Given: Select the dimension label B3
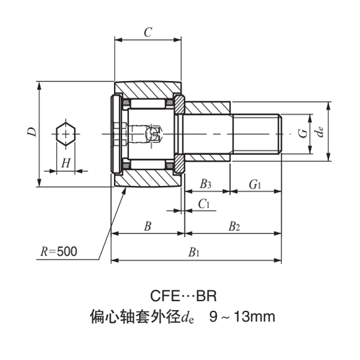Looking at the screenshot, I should click(206, 183).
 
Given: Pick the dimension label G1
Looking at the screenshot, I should click(255, 183).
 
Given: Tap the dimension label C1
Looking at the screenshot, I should click(204, 204).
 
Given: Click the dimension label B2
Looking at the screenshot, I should click(233, 226).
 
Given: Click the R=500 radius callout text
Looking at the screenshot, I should click(59, 252).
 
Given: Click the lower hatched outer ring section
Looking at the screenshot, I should click(147, 178).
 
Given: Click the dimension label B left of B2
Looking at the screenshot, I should click(147, 226).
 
